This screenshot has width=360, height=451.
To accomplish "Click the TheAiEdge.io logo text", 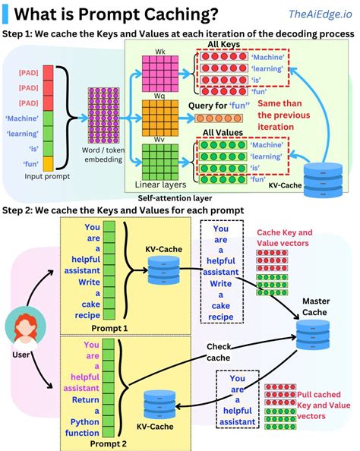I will [320, 14].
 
